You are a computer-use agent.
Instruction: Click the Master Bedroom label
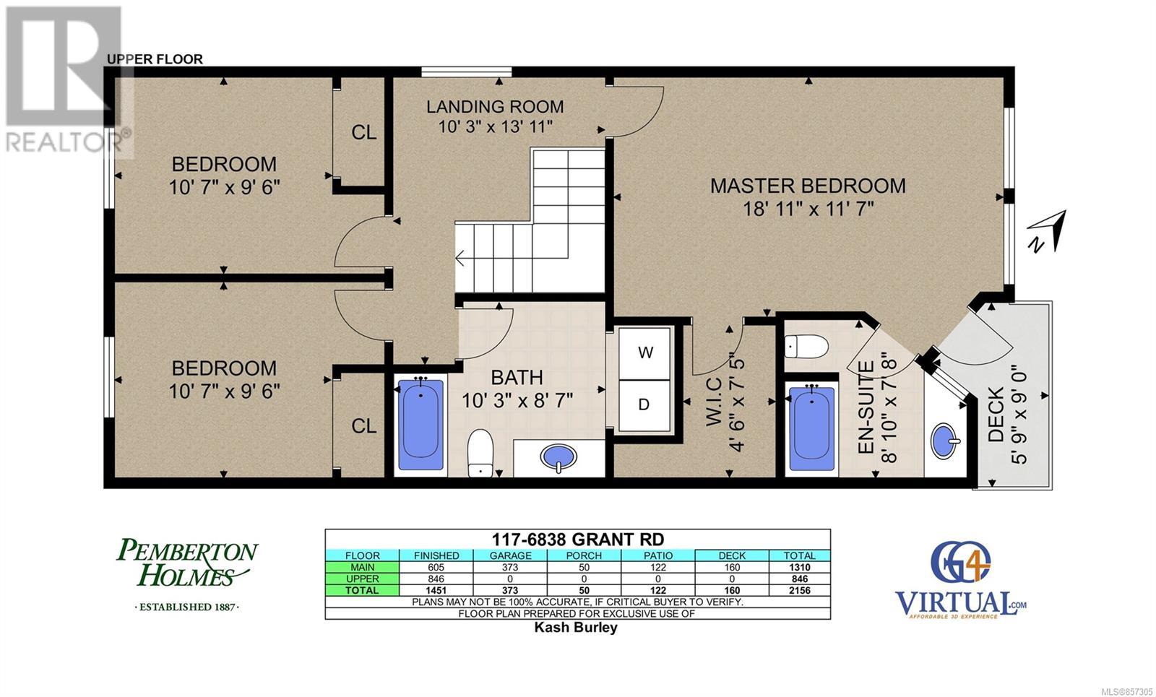808,186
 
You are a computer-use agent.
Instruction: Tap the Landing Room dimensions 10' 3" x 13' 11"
496,126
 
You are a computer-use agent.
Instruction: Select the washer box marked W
644,353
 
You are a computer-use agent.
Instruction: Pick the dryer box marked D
644,405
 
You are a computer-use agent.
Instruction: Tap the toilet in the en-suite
806,346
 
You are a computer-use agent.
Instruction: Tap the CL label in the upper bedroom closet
364,133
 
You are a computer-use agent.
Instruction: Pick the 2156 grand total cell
799,591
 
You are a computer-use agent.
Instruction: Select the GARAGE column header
510,555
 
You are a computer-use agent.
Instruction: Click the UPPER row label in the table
362,579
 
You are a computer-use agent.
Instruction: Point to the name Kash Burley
576,628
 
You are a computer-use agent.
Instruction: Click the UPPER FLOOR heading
155,59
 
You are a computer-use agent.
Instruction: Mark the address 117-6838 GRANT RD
578,540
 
